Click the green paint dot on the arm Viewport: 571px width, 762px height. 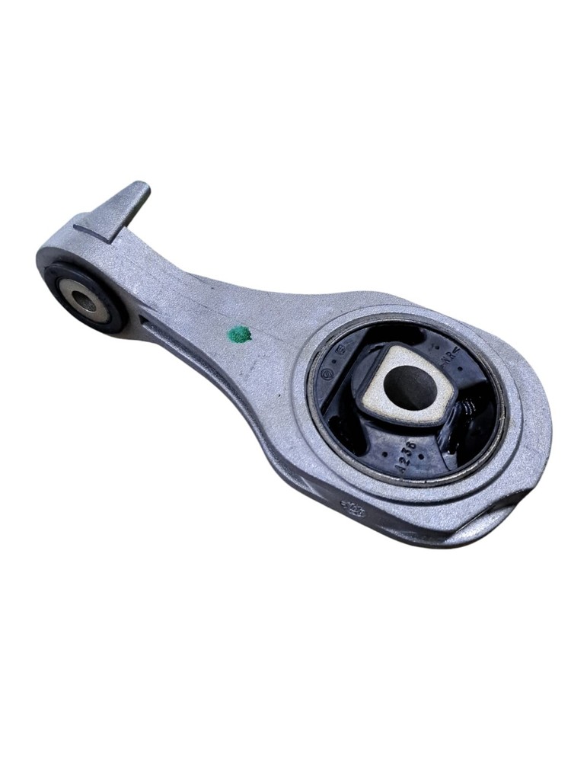239,335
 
